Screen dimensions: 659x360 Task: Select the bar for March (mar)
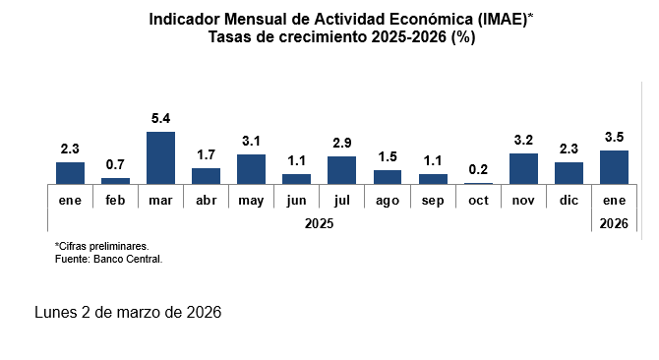160,158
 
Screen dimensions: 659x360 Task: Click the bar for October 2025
478,183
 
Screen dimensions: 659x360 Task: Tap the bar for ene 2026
614,167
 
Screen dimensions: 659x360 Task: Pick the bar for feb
116,181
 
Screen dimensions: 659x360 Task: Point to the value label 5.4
160,119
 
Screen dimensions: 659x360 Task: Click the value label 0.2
478,170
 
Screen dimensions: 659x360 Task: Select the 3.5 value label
614,137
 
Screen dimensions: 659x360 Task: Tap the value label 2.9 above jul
342,144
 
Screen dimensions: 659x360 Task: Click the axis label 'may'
251,201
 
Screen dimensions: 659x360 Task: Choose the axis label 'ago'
388,202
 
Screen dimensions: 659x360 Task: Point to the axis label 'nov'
523,201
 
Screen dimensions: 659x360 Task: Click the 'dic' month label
569,200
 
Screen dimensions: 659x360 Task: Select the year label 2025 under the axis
319,224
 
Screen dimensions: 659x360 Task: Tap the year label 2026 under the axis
614,224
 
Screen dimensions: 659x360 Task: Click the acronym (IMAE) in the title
503,20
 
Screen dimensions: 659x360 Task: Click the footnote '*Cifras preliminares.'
101,246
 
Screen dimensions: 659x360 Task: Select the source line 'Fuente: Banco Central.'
108,260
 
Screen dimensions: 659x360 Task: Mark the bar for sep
433,179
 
